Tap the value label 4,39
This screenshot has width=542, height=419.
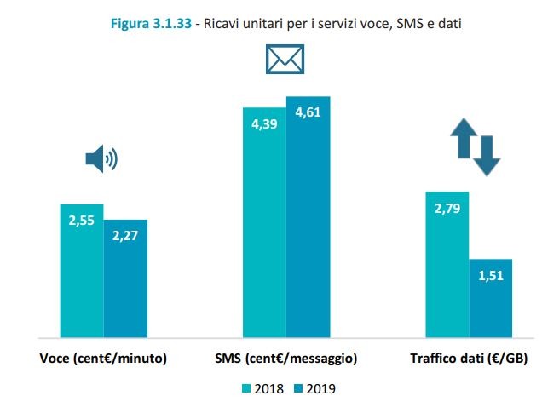point(264,123)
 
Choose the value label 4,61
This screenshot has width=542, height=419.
point(308,112)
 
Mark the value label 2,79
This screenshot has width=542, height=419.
point(447,206)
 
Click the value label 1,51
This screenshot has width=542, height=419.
point(490,276)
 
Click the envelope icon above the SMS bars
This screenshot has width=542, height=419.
point(285,60)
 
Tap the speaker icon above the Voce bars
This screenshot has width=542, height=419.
point(101,158)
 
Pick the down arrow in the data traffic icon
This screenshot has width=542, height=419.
point(487,155)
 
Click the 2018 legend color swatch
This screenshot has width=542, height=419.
point(247,389)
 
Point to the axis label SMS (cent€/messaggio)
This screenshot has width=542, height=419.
point(285,359)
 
